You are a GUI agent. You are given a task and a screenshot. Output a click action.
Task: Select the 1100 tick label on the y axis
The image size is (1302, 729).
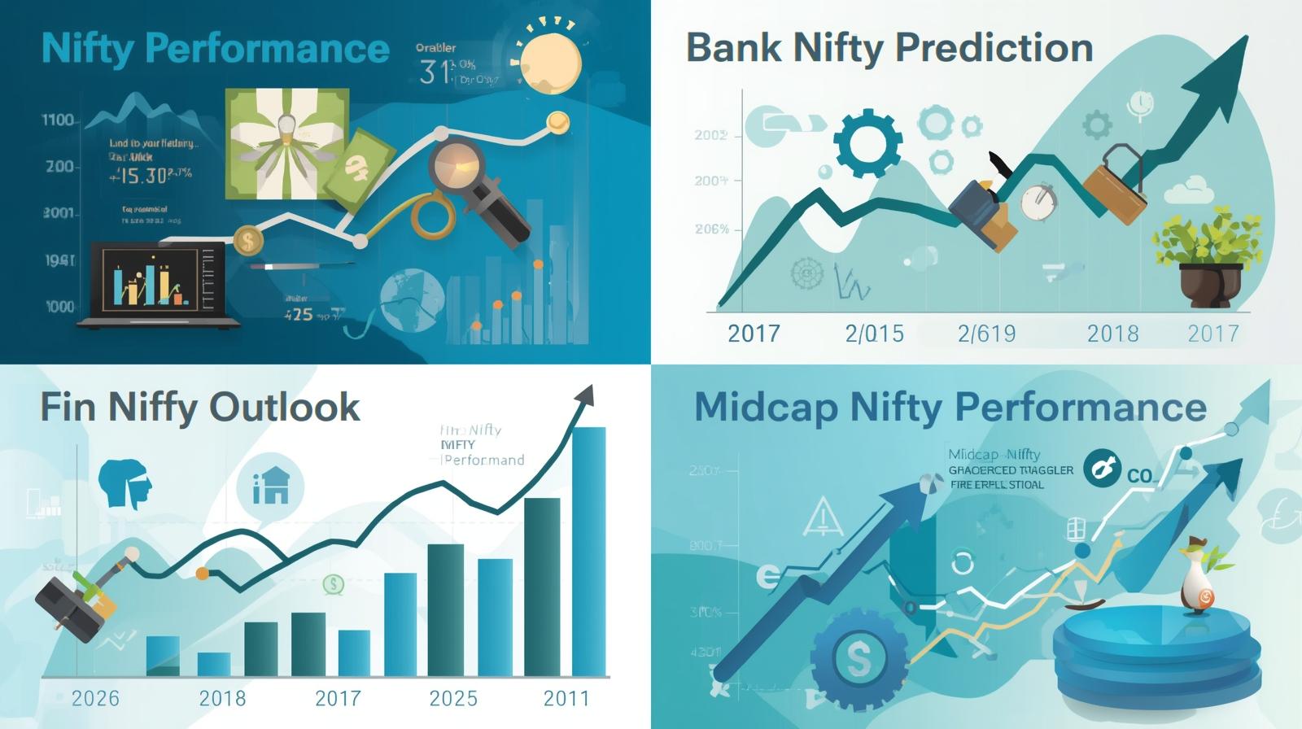[58, 120]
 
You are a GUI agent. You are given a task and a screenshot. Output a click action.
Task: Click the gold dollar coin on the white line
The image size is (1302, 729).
[247, 239]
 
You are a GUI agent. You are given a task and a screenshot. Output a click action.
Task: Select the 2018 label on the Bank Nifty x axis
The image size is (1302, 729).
[1112, 334]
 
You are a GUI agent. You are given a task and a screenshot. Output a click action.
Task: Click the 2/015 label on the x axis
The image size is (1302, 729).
[874, 334]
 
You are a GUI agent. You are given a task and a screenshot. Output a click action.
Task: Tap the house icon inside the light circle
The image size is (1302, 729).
[271, 487]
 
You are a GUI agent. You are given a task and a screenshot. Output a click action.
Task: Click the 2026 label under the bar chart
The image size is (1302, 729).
[95, 698]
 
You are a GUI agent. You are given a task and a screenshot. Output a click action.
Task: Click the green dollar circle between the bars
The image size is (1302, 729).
[333, 583]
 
